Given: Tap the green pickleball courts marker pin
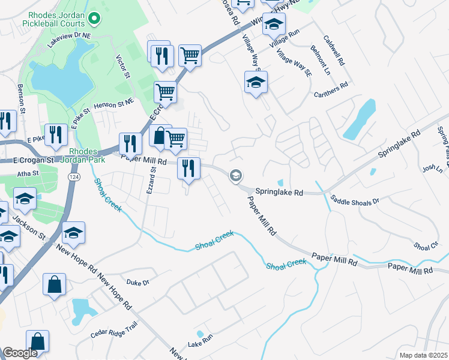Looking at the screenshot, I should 93,19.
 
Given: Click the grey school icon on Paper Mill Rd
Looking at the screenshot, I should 236,175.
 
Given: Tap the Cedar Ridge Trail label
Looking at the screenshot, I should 114,334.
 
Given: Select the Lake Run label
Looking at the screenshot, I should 200,344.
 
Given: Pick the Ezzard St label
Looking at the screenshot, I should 150,181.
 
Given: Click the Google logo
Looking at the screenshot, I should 20,353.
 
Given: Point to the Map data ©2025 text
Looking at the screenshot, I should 423,355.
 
